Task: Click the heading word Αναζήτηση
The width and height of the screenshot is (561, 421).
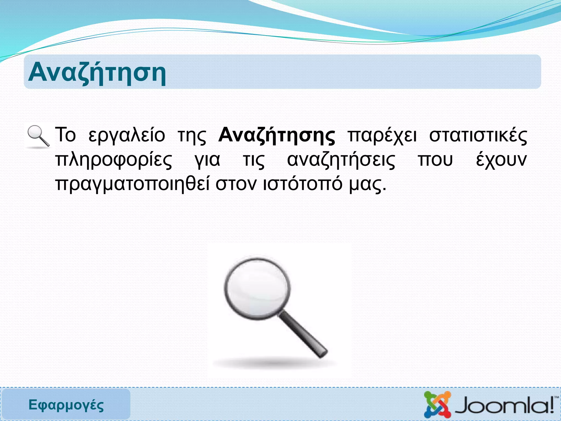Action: coord(97,73)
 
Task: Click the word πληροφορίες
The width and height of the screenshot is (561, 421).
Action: coord(114,160)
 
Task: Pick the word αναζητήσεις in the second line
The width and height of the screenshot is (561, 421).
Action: coord(341,160)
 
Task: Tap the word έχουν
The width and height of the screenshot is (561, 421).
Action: coord(501,160)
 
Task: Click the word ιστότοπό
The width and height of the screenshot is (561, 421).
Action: coord(303,184)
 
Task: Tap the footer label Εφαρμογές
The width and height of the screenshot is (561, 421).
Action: coord(66,405)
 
